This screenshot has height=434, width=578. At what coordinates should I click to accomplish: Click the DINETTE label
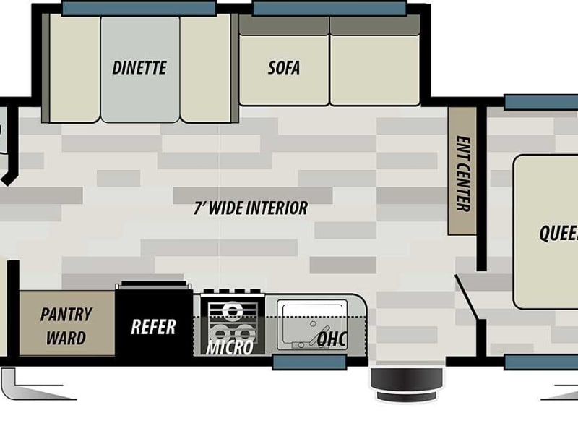[139, 68]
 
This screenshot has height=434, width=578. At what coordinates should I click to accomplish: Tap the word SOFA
[283, 68]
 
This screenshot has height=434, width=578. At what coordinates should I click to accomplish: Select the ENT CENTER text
[463, 174]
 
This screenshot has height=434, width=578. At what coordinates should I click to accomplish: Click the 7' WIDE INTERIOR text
[251, 208]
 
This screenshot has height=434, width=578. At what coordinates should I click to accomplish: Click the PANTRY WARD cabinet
[66, 323]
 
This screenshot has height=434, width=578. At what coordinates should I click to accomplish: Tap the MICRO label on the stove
[230, 347]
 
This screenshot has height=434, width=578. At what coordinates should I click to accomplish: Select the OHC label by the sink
[332, 339]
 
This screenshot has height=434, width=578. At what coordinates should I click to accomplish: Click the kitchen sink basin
[312, 325]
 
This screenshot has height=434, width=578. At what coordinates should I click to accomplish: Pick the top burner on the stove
[233, 310]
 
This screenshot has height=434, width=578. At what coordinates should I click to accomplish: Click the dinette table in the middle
[140, 69]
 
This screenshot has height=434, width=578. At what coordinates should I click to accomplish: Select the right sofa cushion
[375, 70]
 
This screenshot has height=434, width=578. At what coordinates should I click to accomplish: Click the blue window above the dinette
[139, 8]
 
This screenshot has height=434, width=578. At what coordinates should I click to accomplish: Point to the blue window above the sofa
[330, 8]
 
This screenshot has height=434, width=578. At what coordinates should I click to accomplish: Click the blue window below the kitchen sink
[310, 362]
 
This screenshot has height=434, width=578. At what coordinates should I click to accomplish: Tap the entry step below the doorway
[407, 384]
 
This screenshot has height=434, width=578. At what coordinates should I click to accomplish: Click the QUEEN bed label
[558, 233]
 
